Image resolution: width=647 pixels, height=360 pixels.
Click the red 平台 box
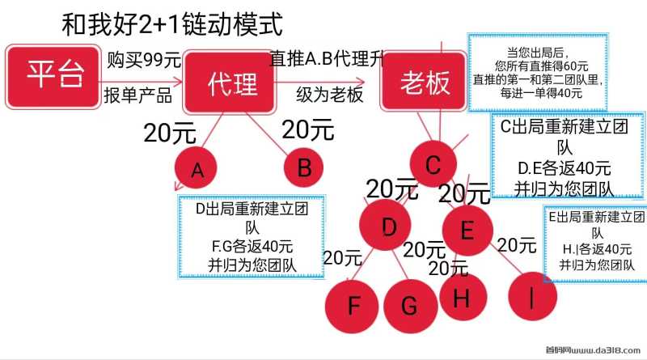click(53, 77)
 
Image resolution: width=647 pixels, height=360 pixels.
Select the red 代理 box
click(230, 83)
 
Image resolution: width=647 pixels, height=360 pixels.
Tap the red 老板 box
click(423, 82)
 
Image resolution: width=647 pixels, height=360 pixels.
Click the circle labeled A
click(196, 168)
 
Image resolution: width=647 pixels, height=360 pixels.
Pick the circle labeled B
click(304, 167)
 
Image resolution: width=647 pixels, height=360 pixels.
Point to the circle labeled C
click(433, 163)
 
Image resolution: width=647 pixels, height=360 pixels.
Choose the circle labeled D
click(385, 225)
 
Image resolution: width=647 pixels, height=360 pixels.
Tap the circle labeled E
click(467, 230)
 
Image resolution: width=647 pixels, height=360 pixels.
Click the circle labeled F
click(352, 306)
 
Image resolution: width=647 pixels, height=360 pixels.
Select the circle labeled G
click(411, 306)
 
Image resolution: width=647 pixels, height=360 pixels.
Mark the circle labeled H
click(463, 296)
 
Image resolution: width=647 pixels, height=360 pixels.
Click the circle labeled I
click(532, 296)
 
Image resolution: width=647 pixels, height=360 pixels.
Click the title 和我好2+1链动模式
click(172, 24)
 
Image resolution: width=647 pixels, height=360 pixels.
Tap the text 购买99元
click(144, 61)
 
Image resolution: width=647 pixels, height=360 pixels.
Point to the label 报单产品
click(137, 95)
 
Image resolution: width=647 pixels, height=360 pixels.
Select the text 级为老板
click(330, 95)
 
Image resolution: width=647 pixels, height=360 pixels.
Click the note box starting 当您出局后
click(538, 73)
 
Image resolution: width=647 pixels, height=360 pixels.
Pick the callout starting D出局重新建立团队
click(252, 236)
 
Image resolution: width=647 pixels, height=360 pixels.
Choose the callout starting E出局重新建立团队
click(595, 244)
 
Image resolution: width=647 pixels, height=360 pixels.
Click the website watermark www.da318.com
click(593, 350)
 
